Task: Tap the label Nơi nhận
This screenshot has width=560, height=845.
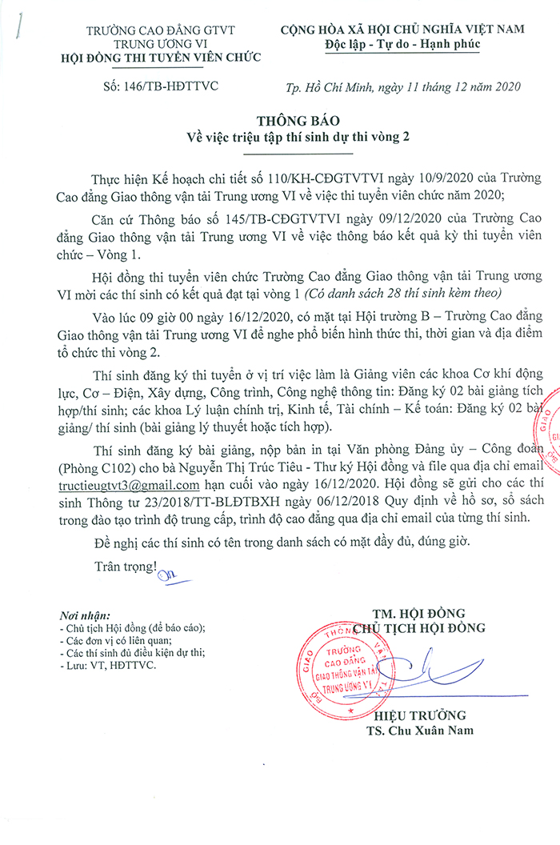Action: tap(84, 616)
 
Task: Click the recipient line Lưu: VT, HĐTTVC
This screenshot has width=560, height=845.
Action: tap(106, 664)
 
